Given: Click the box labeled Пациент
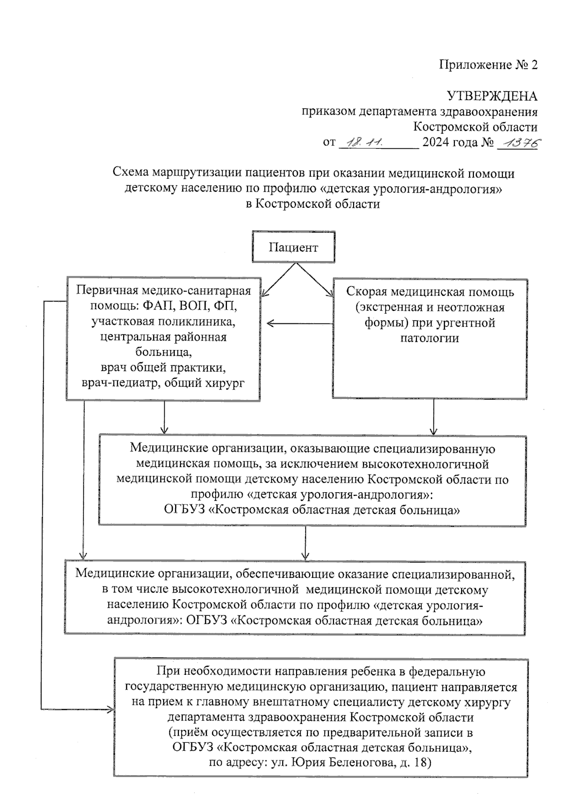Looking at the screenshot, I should [293, 247].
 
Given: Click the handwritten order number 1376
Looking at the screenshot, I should [517, 142].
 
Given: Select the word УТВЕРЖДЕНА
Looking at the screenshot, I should [492, 96].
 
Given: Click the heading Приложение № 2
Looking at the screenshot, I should [488, 65].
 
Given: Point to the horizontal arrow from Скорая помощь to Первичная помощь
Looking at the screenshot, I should [300, 324].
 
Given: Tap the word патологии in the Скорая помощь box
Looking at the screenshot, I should [429, 338].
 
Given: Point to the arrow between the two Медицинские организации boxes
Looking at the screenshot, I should [305, 542].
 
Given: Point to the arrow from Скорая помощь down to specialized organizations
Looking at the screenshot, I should [433, 416].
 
